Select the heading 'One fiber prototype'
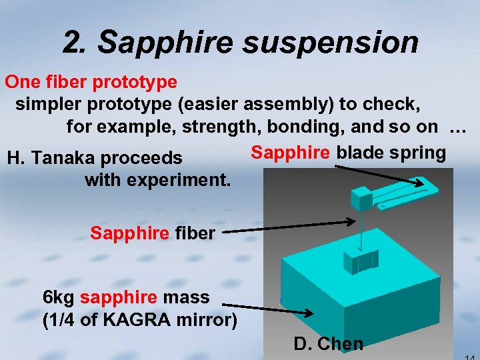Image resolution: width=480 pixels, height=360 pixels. tap(91, 82)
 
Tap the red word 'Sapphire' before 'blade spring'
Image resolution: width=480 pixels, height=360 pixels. tap(290, 153)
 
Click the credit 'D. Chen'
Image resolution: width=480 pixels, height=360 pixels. tap(328, 344)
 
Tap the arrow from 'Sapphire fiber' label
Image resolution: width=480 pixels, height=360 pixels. tap(287, 226)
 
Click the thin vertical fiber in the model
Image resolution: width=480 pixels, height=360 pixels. tap(359, 230)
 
